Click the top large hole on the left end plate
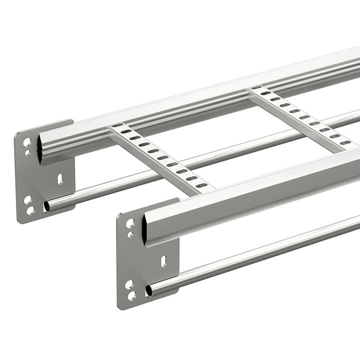27,142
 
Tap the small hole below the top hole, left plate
27,152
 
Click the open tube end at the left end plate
47,206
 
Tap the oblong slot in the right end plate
163,262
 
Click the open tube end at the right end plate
149,290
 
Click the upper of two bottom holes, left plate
28,199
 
